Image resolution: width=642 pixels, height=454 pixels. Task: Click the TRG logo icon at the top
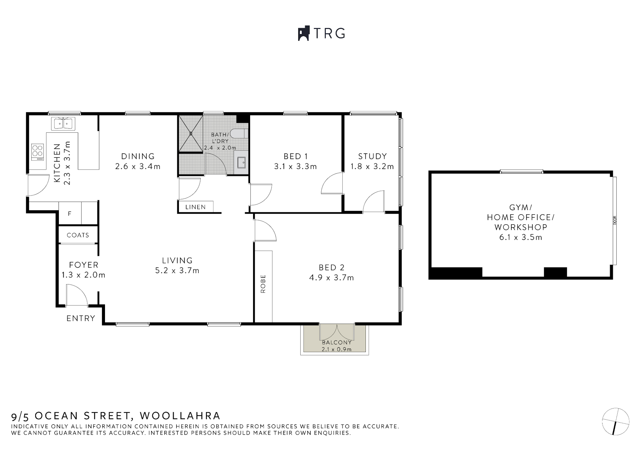click(304, 33)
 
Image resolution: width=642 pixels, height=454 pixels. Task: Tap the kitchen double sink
click(63, 124)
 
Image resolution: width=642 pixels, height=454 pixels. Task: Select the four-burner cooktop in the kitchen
click(37, 152)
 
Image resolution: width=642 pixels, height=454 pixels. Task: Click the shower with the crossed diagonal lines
click(191, 133)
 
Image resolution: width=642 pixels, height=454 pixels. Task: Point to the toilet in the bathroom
click(239, 134)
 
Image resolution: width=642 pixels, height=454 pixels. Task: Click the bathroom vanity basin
click(241, 163)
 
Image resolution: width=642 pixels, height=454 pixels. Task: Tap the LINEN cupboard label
click(196, 207)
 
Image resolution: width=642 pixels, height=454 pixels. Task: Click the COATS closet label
click(78, 235)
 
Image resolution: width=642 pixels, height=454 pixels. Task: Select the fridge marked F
click(70, 214)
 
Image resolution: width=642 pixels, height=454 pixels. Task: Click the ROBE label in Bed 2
click(263, 284)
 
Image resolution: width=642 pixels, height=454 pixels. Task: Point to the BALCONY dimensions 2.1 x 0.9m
click(336, 349)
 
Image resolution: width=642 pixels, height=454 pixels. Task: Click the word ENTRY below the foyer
click(81, 318)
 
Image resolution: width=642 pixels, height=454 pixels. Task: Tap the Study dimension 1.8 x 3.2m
click(372, 166)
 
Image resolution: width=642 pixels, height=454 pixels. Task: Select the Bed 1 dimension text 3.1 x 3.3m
click(295, 166)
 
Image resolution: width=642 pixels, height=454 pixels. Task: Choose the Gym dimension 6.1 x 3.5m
click(521, 237)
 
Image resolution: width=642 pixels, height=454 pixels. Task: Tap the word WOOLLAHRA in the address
click(180, 416)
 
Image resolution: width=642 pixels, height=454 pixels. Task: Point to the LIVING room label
click(177, 260)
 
